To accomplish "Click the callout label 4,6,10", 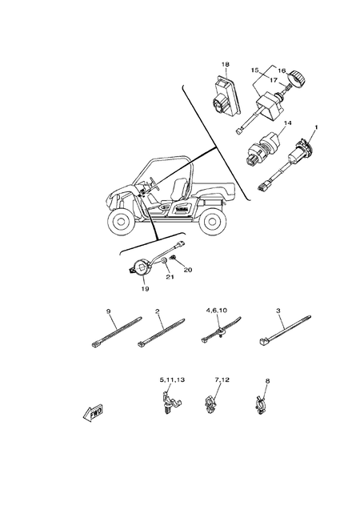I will click(217, 309).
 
